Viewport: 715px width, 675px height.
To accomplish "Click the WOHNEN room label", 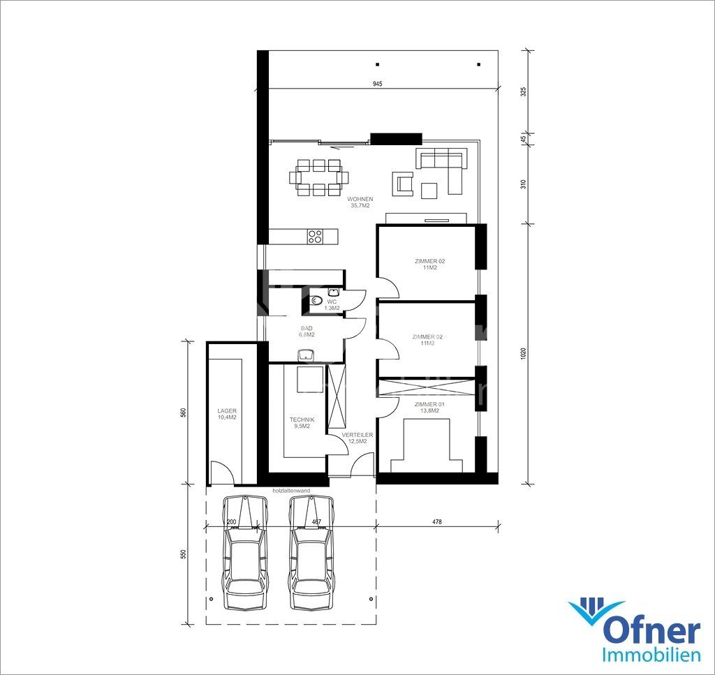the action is [360, 199].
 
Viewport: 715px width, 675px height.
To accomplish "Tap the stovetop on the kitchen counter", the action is [315, 237].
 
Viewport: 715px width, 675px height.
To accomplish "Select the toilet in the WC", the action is [315, 301].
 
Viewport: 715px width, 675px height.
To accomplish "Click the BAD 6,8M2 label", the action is [307, 332].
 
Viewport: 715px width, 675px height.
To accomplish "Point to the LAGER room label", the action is [227, 411].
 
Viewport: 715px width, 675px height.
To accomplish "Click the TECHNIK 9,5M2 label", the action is [302, 423].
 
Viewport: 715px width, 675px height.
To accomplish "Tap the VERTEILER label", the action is [357, 435].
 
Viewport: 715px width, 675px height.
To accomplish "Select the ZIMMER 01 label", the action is [429, 404].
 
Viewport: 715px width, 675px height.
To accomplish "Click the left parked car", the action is [244, 553].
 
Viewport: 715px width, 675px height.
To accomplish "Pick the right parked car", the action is [312, 553].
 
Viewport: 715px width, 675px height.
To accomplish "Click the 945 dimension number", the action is [377, 84].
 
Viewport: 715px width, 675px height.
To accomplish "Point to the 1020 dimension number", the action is [524, 354].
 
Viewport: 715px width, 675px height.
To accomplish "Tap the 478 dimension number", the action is [437, 522].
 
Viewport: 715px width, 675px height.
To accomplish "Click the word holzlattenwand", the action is [291, 491].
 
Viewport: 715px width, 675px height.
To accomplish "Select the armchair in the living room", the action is [403, 184].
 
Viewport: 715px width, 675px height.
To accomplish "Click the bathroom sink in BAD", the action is [306, 354].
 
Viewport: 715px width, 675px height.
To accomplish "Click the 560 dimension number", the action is [184, 413].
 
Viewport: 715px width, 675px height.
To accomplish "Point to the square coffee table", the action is [429, 191].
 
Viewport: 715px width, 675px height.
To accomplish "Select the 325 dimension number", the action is [524, 91].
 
